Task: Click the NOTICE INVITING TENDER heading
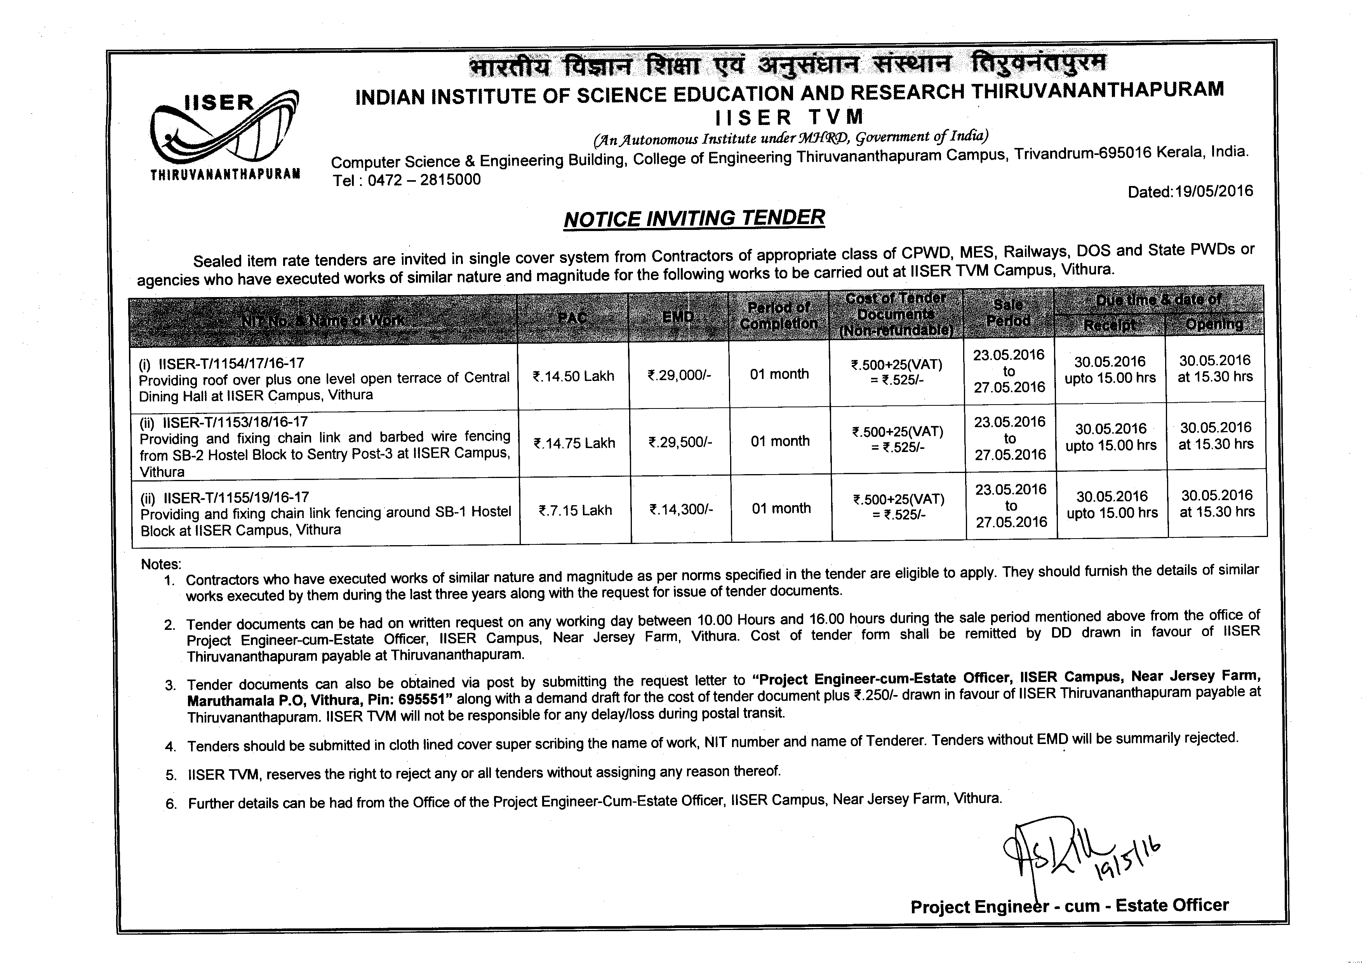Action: tap(694, 218)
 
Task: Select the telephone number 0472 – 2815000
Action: tap(424, 180)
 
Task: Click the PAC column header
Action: tap(572, 318)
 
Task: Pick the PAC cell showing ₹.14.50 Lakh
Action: tap(574, 376)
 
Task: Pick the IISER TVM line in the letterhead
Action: tap(789, 117)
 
